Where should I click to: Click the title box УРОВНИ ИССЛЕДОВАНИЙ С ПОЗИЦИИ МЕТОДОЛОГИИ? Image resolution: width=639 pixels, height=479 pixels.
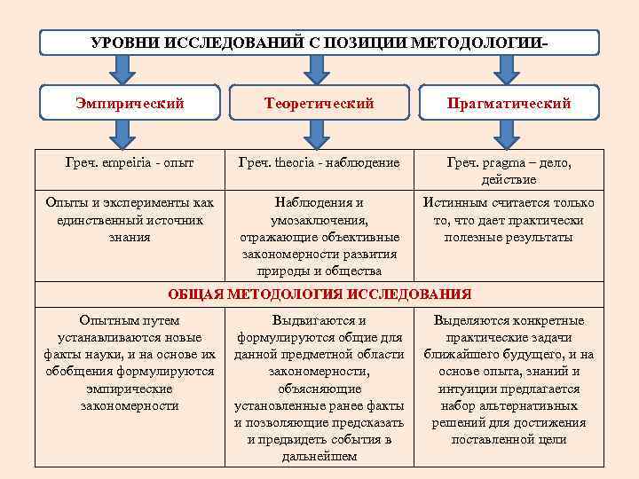coord(319,43)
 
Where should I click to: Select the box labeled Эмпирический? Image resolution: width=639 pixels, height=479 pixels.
coord(130,104)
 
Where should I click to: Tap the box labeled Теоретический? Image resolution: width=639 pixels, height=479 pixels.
coord(319,104)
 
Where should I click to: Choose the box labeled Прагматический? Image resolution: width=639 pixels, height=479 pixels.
coord(509,104)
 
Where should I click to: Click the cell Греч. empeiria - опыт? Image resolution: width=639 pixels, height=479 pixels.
coord(130,163)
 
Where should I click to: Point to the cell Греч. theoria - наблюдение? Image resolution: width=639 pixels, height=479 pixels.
coord(319,163)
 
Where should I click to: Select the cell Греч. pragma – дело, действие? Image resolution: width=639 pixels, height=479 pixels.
coord(509,170)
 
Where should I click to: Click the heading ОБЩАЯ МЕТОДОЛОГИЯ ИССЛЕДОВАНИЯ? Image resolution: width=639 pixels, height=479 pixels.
coord(319,294)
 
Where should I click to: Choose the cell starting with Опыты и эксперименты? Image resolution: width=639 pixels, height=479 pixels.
coord(130,220)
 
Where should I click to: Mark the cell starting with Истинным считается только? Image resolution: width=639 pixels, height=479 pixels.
coord(509,220)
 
